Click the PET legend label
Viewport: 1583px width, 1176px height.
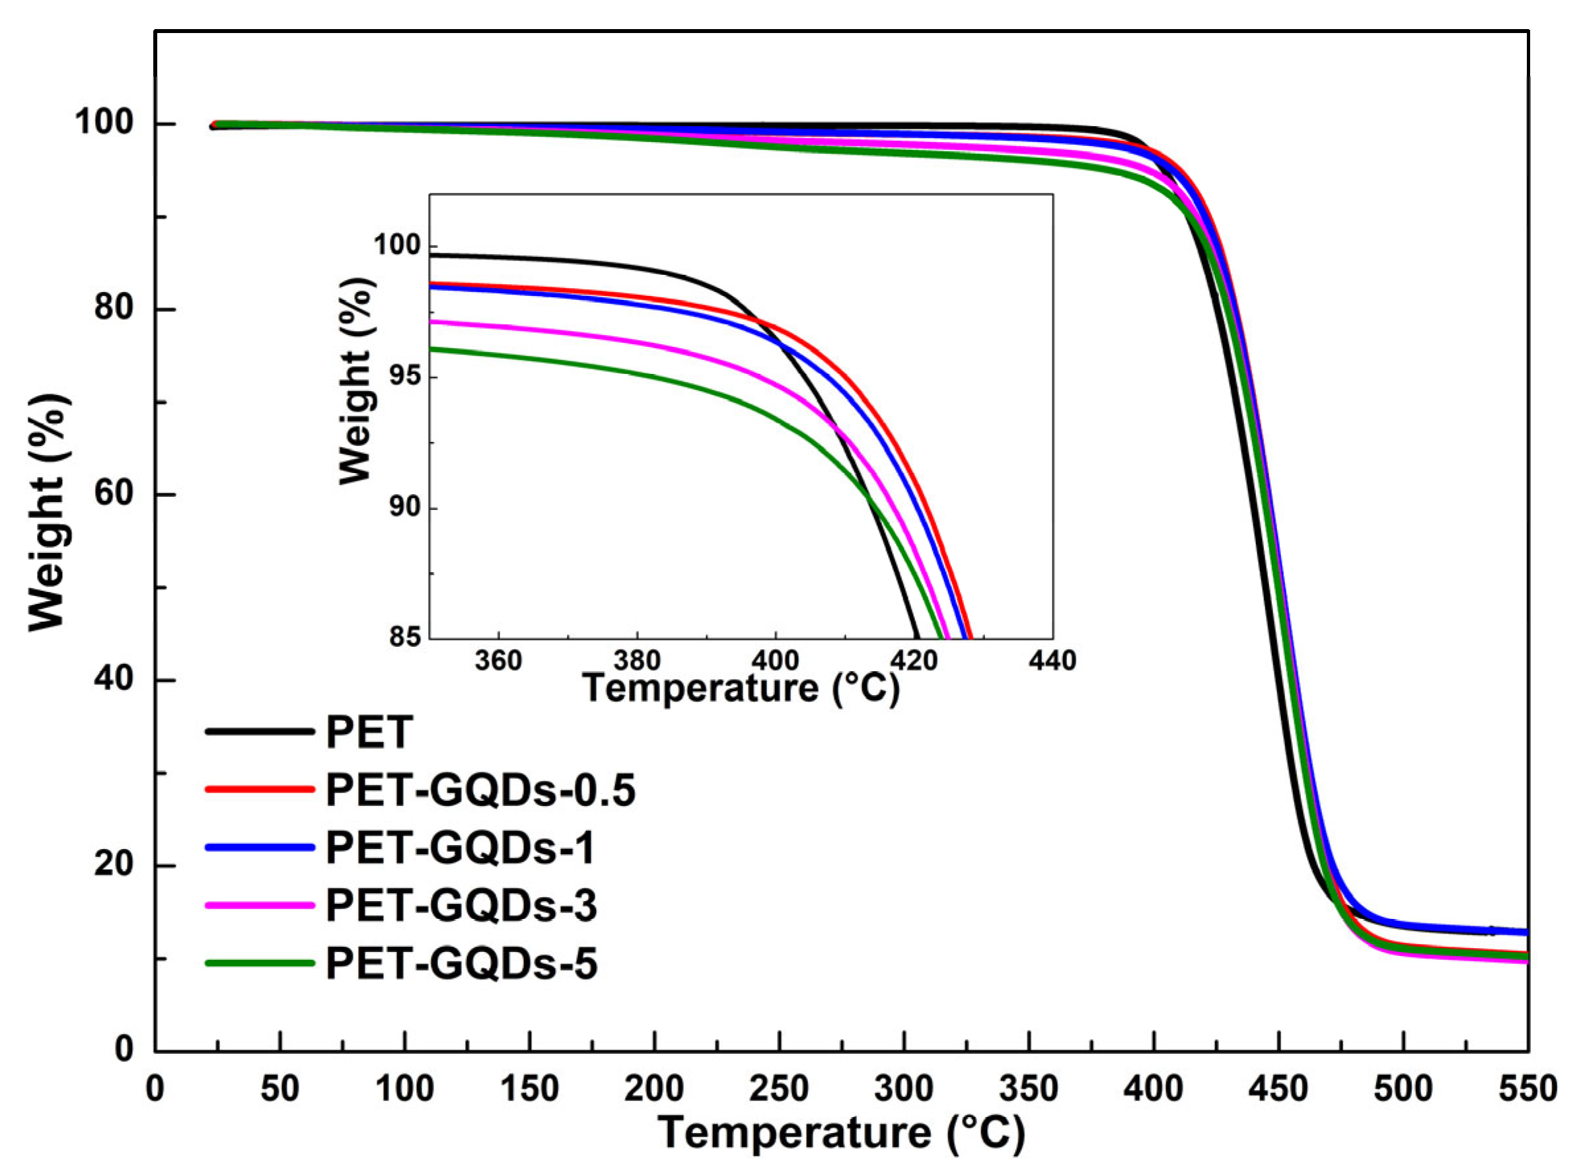tap(369, 733)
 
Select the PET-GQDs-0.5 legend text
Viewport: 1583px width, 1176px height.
tap(480, 790)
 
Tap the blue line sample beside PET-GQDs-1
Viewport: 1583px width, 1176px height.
tap(260, 847)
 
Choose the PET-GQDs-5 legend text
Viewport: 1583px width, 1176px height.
tap(461, 964)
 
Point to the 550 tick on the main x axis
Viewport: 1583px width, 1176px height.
tap(1528, 1090)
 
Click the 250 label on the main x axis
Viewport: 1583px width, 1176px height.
tap(780, 1090)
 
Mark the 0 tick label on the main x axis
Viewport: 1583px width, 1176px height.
tap(155, 1090)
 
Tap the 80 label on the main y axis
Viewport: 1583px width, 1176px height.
tap(114, 309)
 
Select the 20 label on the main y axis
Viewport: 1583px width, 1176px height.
tap(114, 865)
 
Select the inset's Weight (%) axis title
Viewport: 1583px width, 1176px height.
tap(355, 381)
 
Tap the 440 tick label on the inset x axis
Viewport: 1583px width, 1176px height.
tap(1052, 661)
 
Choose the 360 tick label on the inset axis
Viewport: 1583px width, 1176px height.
tap(498, 661)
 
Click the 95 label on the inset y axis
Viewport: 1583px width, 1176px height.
tap(404, 376)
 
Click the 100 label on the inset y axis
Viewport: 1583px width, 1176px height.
tap(397, 245)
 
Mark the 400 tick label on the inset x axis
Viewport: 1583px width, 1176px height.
tap(775, 661)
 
